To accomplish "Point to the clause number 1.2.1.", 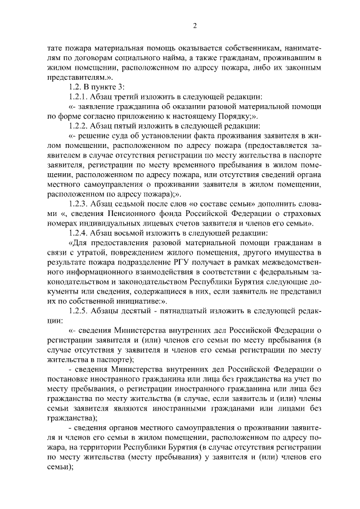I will [x=77, y=96].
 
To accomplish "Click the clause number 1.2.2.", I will [x=77, y=125].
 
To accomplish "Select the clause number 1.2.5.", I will [x=77, y=310].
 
